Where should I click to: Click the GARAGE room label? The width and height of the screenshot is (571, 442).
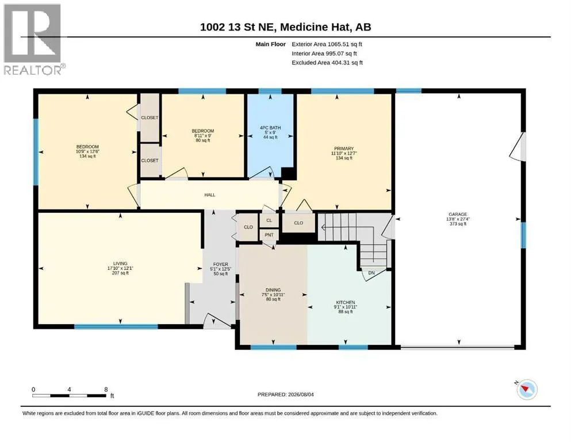pyautogui.click(x=458, y=214)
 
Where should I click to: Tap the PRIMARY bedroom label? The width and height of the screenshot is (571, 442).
pyautogui.click(x=344, y=148)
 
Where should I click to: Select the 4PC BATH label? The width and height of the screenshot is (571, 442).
pyautogui.click(x=270, y=128)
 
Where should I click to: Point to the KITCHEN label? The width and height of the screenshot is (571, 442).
pyautogui.click(x=345, y=303)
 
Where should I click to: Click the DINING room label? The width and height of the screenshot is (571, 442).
pyautogui.click(x=273, y=289)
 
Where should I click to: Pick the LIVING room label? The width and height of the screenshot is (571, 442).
pyautogui.click(x=120, y=263)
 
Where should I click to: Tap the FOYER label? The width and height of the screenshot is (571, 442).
pyautogui.click(x=221, y=264)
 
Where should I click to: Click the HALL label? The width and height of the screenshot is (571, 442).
pyautogui.click(x=210, y=195)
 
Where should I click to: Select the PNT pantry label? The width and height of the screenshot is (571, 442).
pyautogui.click(x=269, y=235)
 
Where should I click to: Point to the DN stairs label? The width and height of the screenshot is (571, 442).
pyautogui.click(x=371, y=273)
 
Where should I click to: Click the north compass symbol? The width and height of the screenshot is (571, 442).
pyautogui.click(x=527, y=390)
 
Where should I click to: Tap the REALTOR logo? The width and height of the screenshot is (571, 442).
pyautogui.click(x=34, y=39)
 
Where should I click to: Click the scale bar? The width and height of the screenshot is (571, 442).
pyautogui.click(x=69, y=395)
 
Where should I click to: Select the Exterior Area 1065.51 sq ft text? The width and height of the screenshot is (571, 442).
pyautogui.click(x=327, y=44)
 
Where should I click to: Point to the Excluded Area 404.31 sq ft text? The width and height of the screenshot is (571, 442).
pyautogui.click(x=327, y=63)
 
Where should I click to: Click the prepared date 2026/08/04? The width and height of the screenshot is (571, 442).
pyautogui.click(x=301, y=394)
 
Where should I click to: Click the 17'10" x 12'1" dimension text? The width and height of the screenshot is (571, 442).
pyautogui.click(x=120, y=268)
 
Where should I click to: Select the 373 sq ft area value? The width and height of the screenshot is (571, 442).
pyautogui.click(x=458, y=224)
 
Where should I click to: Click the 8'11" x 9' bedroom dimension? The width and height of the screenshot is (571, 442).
pyautogui.click(x=203, y=136)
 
